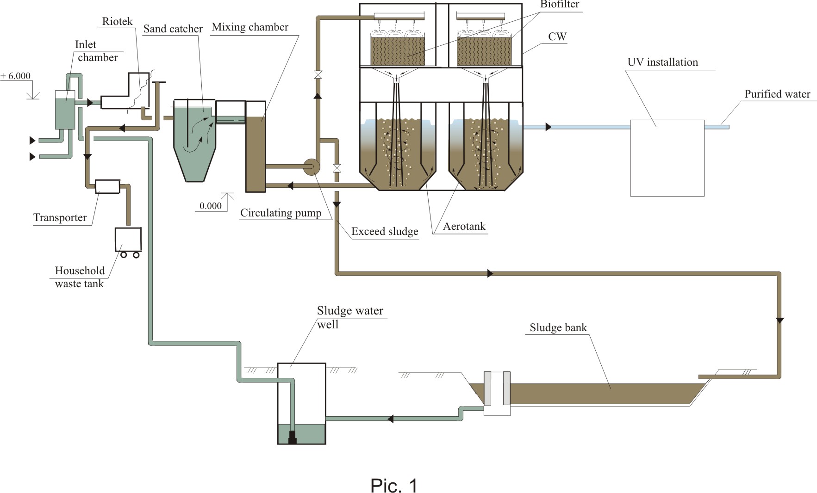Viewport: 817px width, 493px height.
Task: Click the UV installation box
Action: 667,158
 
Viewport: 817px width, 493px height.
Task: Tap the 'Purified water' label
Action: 777,94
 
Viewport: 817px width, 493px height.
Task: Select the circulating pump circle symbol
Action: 311,166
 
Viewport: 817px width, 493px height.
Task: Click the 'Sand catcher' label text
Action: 173,29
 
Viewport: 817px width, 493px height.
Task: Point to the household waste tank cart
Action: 128,242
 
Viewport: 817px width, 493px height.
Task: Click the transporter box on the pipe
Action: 107,186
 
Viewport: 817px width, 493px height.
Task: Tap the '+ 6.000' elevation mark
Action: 16,76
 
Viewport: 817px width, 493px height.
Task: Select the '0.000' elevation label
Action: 211,206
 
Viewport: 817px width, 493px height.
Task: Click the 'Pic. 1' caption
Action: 394,486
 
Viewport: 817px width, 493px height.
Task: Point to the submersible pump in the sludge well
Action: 292,438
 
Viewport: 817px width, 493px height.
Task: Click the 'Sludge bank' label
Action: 558,327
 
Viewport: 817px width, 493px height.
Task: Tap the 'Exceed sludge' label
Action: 385,231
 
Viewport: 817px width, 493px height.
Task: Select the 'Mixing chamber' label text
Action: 250,27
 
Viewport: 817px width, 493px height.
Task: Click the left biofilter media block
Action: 398,51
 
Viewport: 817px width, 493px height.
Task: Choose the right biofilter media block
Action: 484,51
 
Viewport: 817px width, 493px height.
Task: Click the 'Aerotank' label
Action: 464,226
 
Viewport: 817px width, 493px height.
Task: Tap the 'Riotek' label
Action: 117,21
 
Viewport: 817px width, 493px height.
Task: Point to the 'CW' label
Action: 557,37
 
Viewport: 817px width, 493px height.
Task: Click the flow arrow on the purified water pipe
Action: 549,127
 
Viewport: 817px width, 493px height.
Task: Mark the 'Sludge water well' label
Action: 350,317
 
